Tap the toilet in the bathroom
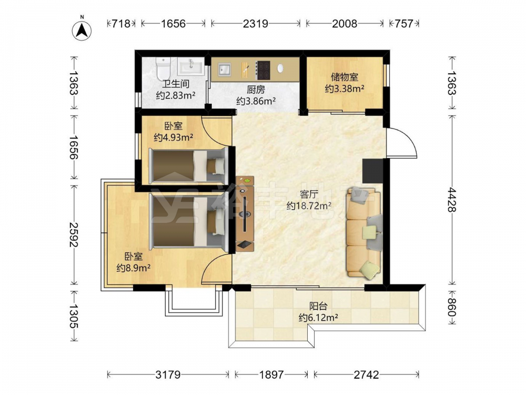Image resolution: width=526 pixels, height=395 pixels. [x=164, y=67]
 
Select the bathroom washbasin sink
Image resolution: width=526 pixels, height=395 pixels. [x=190, y=66]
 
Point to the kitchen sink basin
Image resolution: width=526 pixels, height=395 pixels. [x=225, y=70]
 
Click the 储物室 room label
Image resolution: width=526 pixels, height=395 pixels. [x=345, y=77]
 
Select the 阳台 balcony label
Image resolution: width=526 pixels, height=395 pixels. [x=318, y=306]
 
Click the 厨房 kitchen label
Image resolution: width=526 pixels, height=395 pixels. [x=256, y=90]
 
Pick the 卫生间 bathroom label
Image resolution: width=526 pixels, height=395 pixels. [x=176, y=84]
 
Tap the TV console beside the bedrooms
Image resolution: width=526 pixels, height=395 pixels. [x=245, y=214]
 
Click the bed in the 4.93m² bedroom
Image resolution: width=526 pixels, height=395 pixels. [x=188, y=165]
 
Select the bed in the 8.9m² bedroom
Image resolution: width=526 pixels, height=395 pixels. [x=188, y=222]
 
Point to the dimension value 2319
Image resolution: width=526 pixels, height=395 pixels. [x=256, y=24]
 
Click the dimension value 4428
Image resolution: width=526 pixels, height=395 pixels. [x=451, y=200]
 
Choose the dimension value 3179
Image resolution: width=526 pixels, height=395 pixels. [x=168, y=374]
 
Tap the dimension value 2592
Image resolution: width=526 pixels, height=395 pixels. [x=74, y=234]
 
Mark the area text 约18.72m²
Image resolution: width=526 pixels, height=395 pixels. [x=309, y=205]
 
